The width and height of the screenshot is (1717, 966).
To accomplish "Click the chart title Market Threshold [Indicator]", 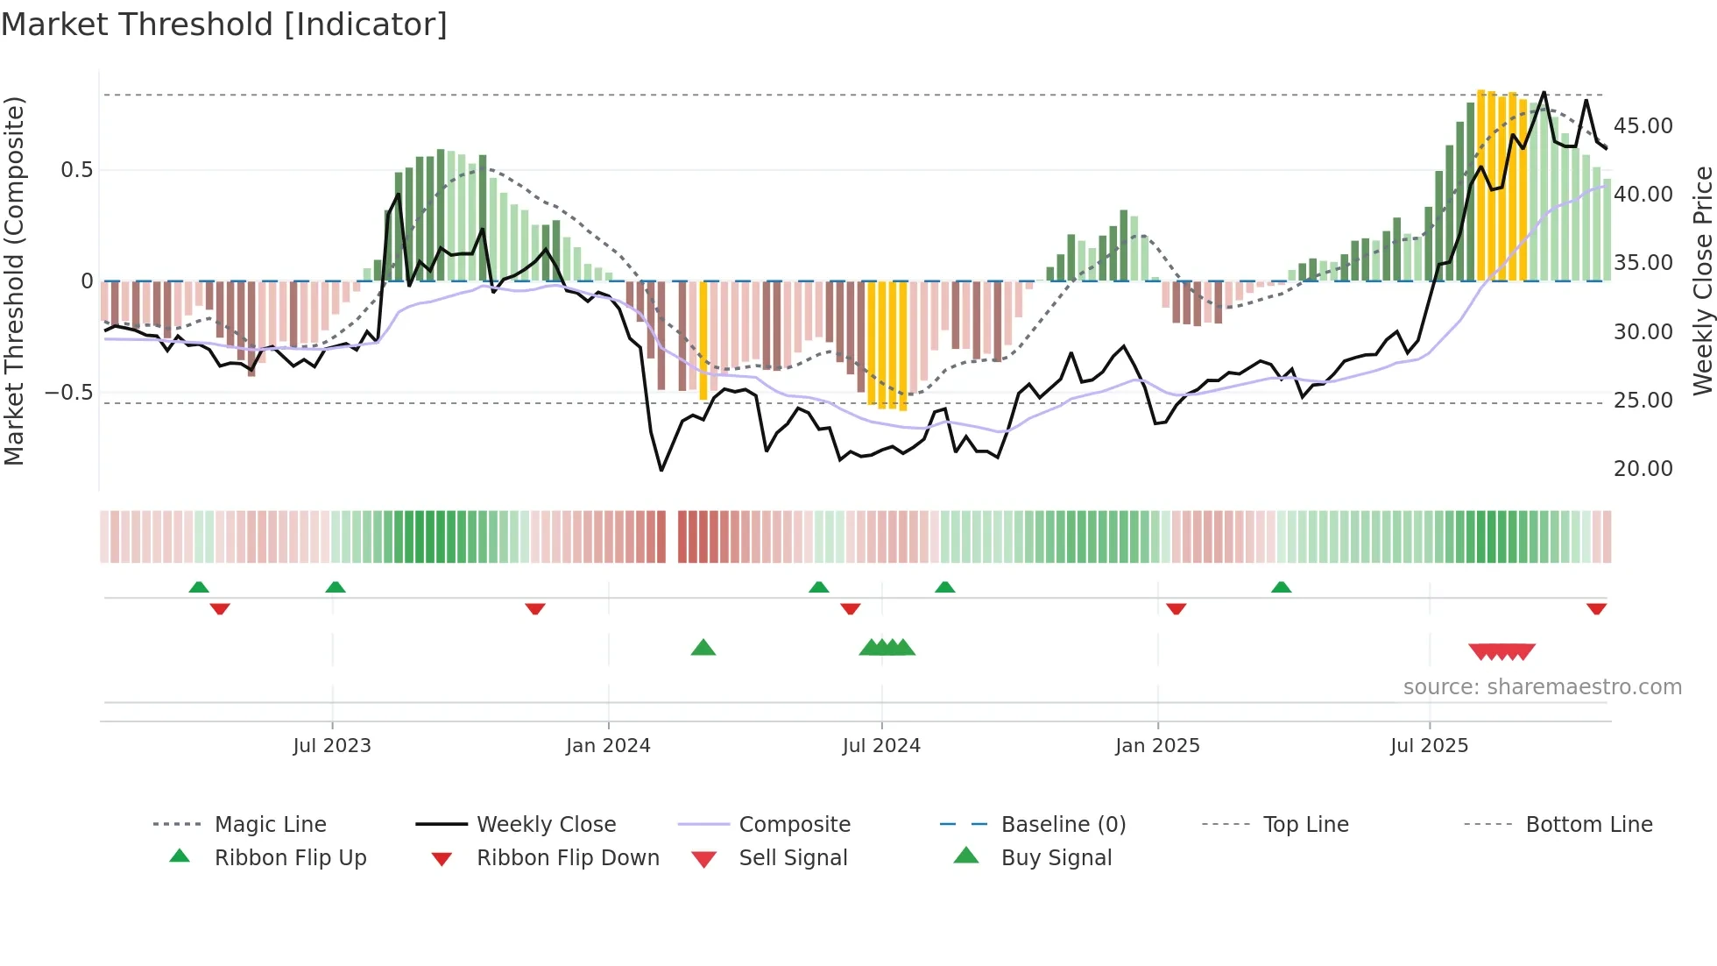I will (x=224, y=25).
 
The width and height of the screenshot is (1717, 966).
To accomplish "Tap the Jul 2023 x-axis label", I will (x=332, y=746).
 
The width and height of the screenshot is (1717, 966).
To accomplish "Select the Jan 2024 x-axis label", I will (x=608, y=746).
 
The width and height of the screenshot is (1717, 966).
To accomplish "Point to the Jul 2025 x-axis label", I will (x=1429, y=746).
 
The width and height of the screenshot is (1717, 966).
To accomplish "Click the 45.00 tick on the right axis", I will (x=1643, y=126).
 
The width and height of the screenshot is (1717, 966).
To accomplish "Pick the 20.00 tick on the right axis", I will (x=1643, y=469).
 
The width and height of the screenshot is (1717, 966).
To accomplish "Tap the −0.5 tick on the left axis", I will (x=69, y=392).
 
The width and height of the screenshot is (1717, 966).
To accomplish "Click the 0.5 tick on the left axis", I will (x=76, y=170).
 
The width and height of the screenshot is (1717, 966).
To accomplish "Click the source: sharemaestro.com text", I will (x=1542, y=687).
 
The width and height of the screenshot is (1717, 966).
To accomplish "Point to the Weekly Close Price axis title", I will (x=1702, y=281).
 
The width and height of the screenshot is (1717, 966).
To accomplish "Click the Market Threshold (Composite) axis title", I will (x=14, y=281).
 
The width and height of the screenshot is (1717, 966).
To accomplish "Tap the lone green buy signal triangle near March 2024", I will (x=703, y=648).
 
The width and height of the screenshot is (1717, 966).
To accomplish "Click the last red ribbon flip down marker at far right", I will (x=1596, y=608).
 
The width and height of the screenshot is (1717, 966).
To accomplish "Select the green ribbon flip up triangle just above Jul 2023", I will (x=336, y=587).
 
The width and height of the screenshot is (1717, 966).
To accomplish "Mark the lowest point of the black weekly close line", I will (x=661, y=471).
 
